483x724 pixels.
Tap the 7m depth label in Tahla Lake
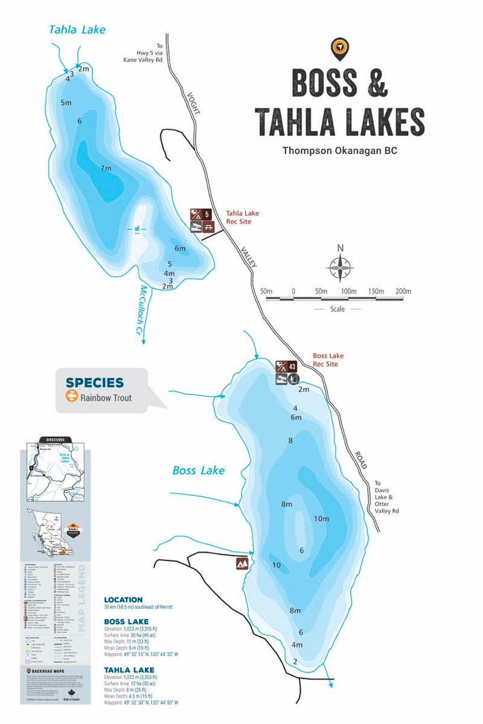pyautogui.click(x=106, y=168)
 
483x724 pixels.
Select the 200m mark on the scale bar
pyautogui.click(x=403, y=292)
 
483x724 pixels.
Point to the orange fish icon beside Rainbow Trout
pyautogui.click(x=72, y=397)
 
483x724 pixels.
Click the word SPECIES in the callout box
pyautogui.click(x=95, y=383)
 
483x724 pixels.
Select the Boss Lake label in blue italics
pyautogui.click(x=199, y=470)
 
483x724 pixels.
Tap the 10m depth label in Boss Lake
pyautogui.click(x=321, y=519)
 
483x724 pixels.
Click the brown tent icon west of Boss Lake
pyautogui.click(x=243, y=564)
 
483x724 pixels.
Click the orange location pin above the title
pyautogui.click(x=340, y=48)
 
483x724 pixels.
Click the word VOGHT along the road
pyautogui.click(x=193, y=104)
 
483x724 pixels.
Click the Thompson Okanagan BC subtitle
pyautogui.click(x=340, y=151)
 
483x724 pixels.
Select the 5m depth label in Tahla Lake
pyautogui.click(x=66, y=103)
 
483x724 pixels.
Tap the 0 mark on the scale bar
pyautogui.click(x=293, y=292)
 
